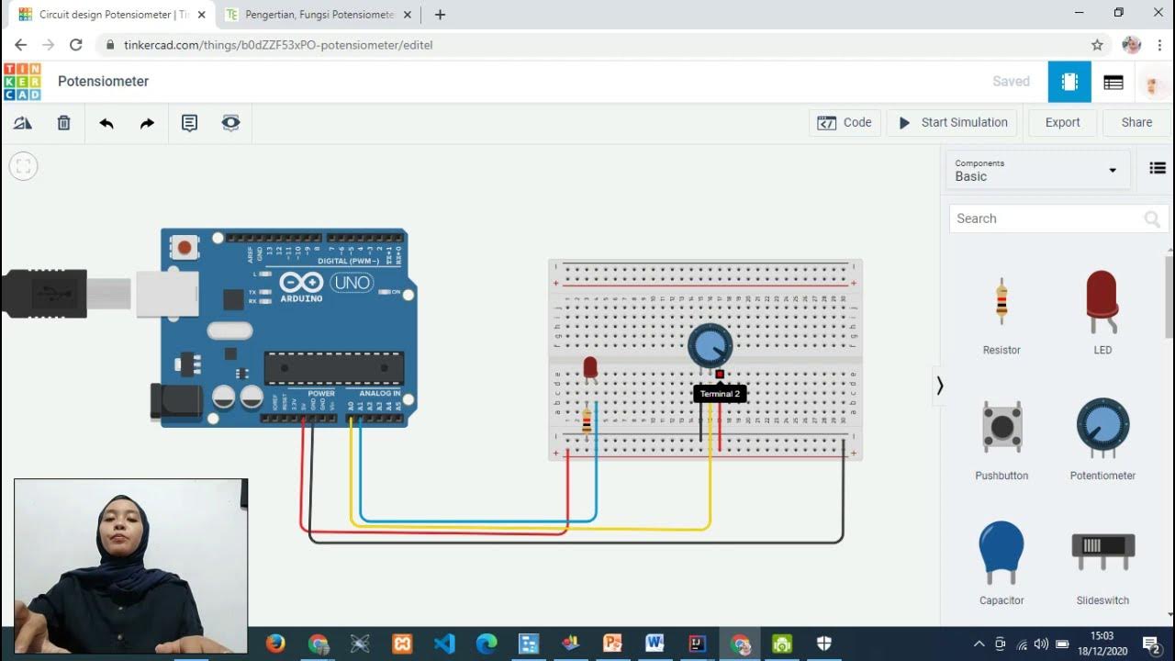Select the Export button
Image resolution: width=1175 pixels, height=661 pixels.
[1062, 122]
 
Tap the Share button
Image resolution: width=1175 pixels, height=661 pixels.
[1136, 122]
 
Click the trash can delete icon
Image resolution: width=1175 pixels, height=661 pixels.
[63, 122]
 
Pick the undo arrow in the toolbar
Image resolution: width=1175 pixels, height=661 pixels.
[106, 122]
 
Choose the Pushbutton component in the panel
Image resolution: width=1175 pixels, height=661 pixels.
[1002, 427]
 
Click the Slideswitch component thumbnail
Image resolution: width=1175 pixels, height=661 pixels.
[1102, 546]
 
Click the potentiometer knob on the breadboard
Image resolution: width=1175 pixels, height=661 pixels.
[710, 345]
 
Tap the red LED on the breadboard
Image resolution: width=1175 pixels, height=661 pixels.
[590, 367]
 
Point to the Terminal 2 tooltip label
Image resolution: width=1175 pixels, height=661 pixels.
[720, 394]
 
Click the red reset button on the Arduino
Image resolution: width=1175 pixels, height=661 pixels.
[185, 247]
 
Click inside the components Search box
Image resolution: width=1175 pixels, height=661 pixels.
[1046, 218]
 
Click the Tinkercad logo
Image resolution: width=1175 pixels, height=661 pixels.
[22, 82]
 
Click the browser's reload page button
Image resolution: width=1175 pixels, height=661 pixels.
[76, 44]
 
